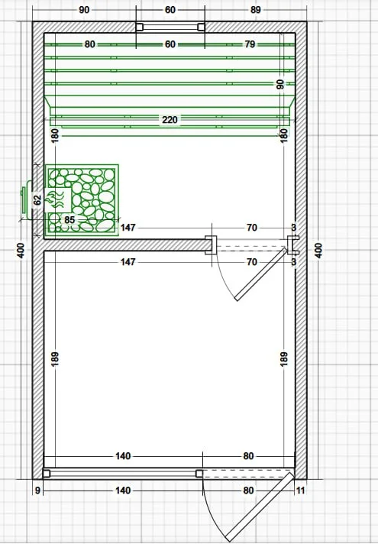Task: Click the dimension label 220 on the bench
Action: coord(170,120)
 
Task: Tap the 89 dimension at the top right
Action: coord(256,10)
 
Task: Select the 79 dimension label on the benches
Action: coord(250,44)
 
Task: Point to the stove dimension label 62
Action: coord(38,200)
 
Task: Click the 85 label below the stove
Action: coord(69,219)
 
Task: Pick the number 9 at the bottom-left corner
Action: coord(37,491)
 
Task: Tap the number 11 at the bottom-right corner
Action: coord(300,491)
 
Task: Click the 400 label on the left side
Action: coord(21,250)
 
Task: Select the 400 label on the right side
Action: coord(318,250)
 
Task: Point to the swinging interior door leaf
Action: coord(261,274)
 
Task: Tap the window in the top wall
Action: coord(170,27)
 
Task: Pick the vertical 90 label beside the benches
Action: coord(280,84)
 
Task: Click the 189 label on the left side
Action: coord(55,359)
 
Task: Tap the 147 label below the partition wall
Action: coord(128,261)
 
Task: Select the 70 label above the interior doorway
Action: coord(252,228)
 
